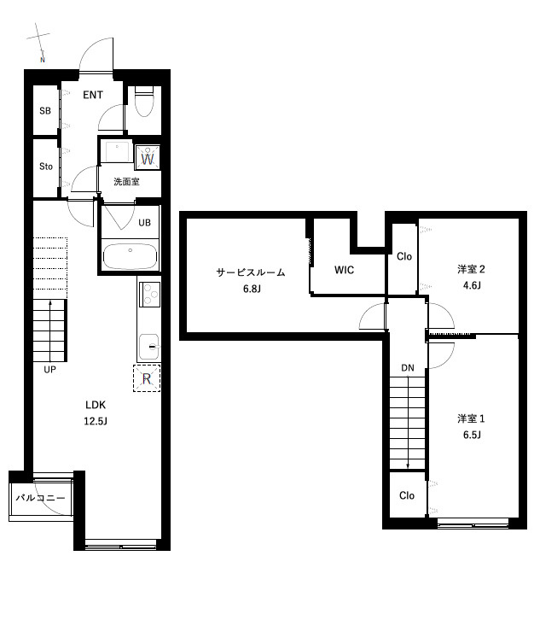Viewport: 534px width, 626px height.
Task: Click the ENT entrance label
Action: pyautogui.click(x=93, y=95)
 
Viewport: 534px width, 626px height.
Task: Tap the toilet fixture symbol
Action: pyautogui.click(x=144, y=102)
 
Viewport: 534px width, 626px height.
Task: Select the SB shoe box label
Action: pyautogui.click(x=45, y=110)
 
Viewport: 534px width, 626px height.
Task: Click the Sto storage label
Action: pyautogui.click(x=46, y=166)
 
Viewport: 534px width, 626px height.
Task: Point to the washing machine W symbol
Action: pyautogui.click(x=148, y=157)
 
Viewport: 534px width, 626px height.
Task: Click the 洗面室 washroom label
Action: pyautogui.click(x=126, y=182)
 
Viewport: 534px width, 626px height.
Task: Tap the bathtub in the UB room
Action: pyautogui.click(x=130, y=256)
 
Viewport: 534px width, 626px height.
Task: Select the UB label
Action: pyautogui.click(x=144, y=222)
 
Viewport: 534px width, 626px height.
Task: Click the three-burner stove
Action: pyautogui.click(x=149, y=295)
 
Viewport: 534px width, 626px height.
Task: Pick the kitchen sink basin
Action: pyautogui.click(x=149, y=347)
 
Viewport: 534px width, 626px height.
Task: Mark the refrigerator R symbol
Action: pyautogui.click(x=147, y=378)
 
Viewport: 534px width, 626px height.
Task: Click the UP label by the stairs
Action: pyautogui.click(x=49, y=370)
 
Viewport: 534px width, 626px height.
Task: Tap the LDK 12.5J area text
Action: pyautogui.click(x=96, y=412)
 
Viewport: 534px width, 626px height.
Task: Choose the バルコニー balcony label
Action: pyautogui.click(x=40, y=498)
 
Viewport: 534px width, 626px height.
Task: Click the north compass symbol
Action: pyautogui.click(x=39, y=42)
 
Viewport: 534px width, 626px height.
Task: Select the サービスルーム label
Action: pyautogui.click(x=251, y=272)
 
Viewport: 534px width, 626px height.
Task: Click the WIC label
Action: pyautogui.click(x=344, y=270)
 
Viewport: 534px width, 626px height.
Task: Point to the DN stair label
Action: pyautogui.click(x=408, y=368)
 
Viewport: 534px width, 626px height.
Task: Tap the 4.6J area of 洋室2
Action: pyautogui.click(x=472, y=285)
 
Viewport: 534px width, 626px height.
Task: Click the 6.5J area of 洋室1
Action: pyautogui.click(x=472, y=435)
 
